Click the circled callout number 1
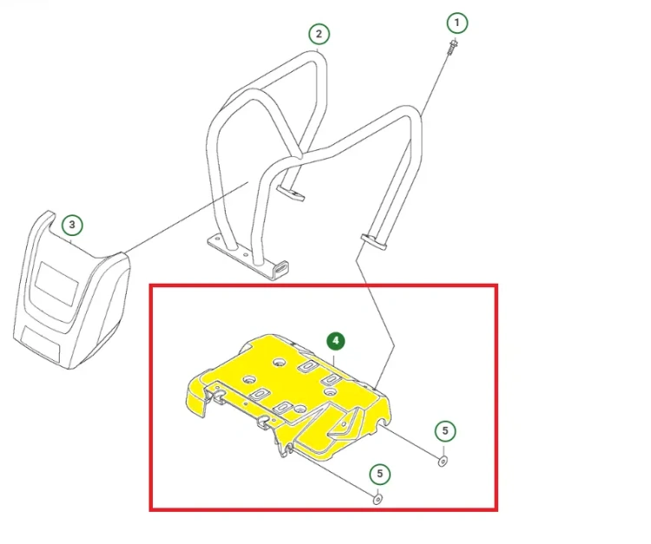click(457, 23)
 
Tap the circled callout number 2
click(319, 34)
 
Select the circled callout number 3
click(72, 225)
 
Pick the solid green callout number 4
click(335, 341)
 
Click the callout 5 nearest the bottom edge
click(379, 474)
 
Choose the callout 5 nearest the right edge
click(445, 430)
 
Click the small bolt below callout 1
click(452, 46)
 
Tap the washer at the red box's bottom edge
click(378, 499)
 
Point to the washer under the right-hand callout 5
click(443, 461)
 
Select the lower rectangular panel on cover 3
click(41, 343)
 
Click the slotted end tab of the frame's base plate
click(281, 269)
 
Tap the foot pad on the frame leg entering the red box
click(373, 242)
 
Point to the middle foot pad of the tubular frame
click(290, 193)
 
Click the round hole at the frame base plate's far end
click(215, 239)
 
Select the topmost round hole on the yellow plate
click(279, 363)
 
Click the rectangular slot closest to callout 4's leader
click(307, 365)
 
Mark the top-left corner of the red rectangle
click(151, 286)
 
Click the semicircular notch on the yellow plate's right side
click(383, 424)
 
